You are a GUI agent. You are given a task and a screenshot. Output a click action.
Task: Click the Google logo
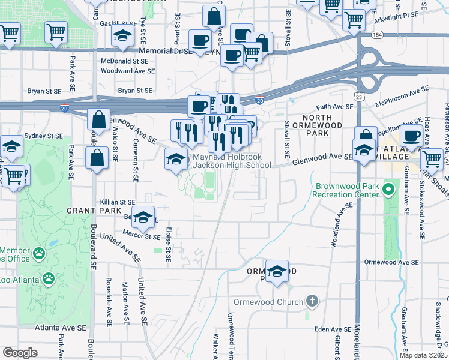pos(20,352)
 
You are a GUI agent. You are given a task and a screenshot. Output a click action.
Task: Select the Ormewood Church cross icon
pos(312,301)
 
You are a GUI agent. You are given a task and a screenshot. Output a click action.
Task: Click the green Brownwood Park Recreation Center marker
pos(388,191)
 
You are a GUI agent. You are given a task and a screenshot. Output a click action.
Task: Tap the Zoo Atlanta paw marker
pos(47,278)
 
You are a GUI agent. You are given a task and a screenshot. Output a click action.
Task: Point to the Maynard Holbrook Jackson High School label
pos(231,161)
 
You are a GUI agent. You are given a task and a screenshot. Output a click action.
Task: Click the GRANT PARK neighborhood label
pos(89,211)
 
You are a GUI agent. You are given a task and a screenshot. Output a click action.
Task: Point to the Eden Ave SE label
pos(333,329)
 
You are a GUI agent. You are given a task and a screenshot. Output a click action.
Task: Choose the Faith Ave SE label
pos(334,106)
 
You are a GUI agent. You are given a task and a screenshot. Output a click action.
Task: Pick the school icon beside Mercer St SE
pos(143,218)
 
